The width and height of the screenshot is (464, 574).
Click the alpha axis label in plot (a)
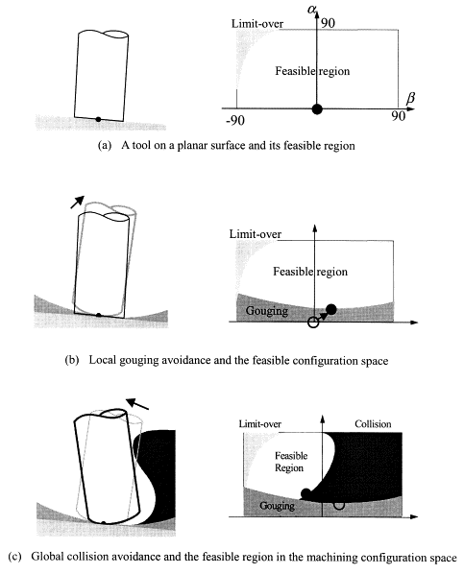[311, 10]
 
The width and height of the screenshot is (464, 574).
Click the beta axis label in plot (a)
[411, 99]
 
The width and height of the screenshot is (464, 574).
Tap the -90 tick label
[235, 120]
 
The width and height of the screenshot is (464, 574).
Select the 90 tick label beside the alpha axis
[328, 23]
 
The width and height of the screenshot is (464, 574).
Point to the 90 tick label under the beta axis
[398, 116]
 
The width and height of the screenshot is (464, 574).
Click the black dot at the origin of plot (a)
[317, 108]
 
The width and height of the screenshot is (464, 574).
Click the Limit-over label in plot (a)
[257, 24]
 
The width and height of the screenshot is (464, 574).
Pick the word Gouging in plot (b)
[267, 311]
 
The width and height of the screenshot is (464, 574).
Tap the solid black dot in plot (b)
[331, 309]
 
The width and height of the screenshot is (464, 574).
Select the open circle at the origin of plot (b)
[313, 323]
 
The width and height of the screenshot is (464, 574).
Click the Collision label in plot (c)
[373, 424]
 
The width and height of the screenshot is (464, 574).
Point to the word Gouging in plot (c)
[277, 506]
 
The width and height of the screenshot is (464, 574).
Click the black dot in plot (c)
[306, 493]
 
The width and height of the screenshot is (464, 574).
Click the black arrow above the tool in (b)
[77, 203]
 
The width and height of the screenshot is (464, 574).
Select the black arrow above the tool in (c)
[137, 404]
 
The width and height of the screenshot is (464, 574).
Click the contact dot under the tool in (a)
[98, 119]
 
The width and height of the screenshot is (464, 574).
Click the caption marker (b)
[72, 360]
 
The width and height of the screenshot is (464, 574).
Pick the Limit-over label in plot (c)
[259, 424]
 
